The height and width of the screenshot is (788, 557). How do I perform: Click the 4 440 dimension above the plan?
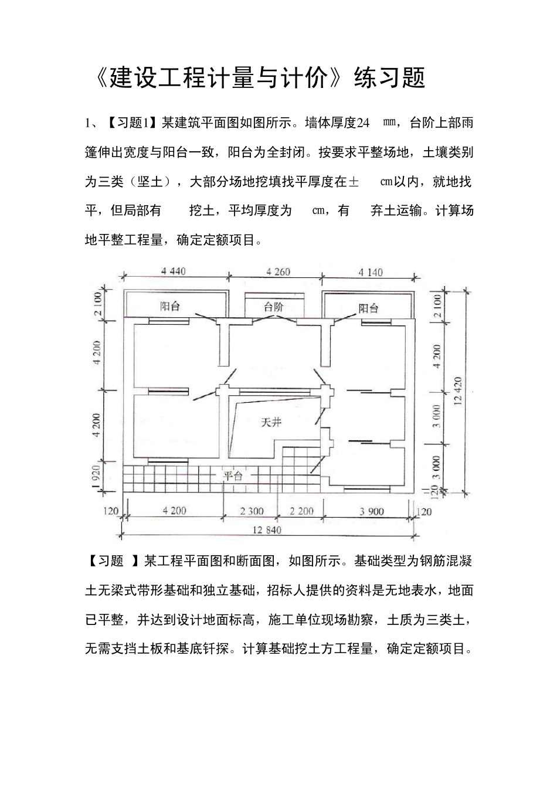(174, 271)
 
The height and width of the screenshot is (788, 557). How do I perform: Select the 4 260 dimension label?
(278, 271)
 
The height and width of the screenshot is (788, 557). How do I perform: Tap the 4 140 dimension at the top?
(370, 272)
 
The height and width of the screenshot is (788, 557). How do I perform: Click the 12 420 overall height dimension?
(458, 390)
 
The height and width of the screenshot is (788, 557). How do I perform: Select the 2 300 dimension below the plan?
(252, 511)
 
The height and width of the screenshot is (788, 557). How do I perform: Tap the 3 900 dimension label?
(372, 511)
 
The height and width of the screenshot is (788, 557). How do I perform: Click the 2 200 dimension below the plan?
(302, 511)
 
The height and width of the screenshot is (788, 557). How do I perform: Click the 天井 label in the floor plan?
(271, 422)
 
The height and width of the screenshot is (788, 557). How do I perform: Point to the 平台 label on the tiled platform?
(233, 476)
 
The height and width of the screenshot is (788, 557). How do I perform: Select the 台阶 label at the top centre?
(273, 306)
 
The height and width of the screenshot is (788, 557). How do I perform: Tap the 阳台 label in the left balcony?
(170, 306)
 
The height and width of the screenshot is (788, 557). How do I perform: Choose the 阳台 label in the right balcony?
(368, 308)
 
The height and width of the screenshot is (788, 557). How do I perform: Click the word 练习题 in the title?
(390, 78)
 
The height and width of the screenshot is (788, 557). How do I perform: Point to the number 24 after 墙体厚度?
(364, 123)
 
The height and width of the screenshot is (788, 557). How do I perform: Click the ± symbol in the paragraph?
(354, 182)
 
